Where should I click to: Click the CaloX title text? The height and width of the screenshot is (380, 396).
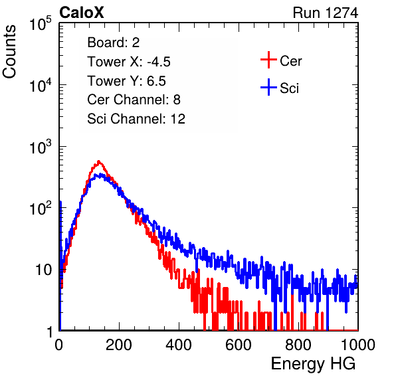pyautogui.click(x=82, y=13)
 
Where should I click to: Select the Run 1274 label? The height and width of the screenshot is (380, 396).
pyautogui.click(x=326, y=13)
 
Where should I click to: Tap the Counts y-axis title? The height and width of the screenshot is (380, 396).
pyautogui.click(x=9, y=52)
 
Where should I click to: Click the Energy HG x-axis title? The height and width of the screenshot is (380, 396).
pyautogui.click(x=313, y=363)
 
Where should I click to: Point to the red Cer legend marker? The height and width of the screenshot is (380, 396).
pyautogui.click(x=268, y=60)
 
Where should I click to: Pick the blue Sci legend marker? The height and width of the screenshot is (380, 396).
pyautogui.click(x=268, y=87)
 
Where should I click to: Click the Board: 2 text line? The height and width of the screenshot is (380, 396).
pyautogui.click(x=113, y=43)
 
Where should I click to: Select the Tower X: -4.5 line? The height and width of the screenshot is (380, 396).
pyautogui.click(x=129, y=62)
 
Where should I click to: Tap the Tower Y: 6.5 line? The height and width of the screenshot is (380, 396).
pyautogui.click(x=126, y=81)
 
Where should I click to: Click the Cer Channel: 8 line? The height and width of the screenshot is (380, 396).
pyautogui.click(x=134, y=100)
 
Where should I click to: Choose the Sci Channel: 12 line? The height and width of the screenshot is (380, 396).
pyautogui.click(x=136, y=119)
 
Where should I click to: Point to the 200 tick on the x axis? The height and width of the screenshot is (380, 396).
pyautogui.click(x=119, y=345)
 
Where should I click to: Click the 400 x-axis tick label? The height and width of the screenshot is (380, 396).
pyautogui.click(x=179, y=345)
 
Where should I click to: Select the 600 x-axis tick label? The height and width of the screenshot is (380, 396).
pyautogui.click(x=239, y=345)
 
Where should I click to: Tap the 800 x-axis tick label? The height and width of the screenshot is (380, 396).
pyautogui.click(x=298, y=345)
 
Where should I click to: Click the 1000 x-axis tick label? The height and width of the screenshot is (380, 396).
pyautogui.click(x=358, y=345)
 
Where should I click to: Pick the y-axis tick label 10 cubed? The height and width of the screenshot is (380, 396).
pyautogui.click(x=41, y=147)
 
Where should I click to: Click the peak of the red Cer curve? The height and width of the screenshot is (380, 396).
pyautogui.click(x=99, y=161)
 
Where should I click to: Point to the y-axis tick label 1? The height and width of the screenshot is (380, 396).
pyautogui.click(x=50, y=332)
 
